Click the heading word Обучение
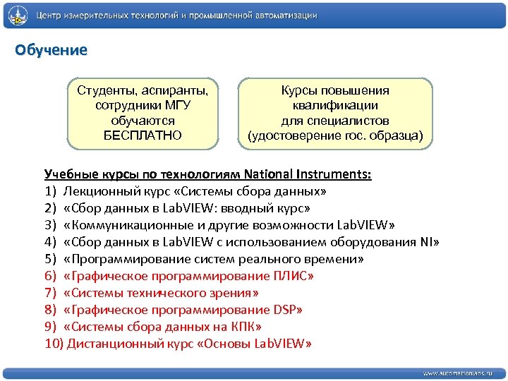[52, 50]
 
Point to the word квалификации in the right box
[335, 105]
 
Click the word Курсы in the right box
[298, 90]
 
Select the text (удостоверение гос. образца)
[335, 135]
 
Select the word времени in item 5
[329, 259]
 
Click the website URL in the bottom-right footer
[458, 372]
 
